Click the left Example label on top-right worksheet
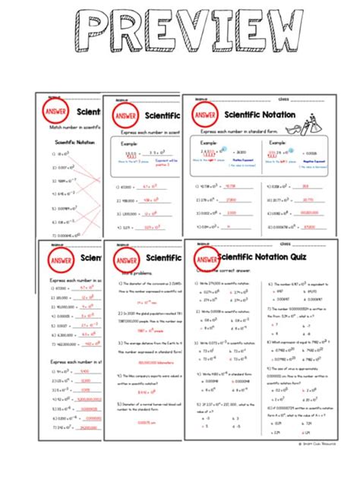[208, 142]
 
